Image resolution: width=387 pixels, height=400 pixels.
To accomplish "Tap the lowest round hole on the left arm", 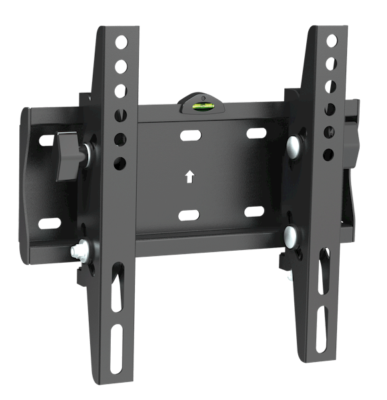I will (x=121, y=161).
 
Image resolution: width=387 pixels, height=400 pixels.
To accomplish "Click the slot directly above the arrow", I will (x=190, y=136).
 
